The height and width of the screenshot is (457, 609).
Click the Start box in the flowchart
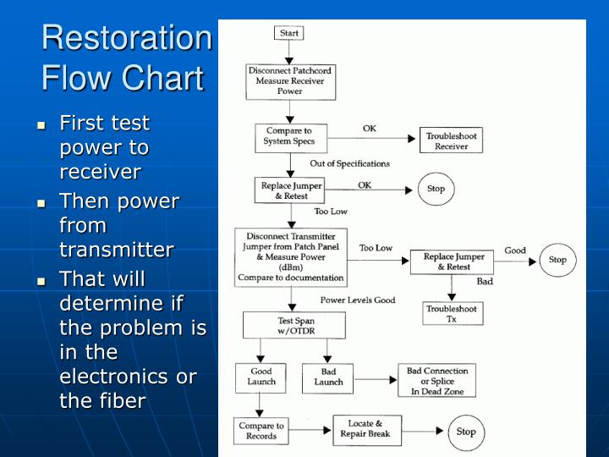tap(288, 34)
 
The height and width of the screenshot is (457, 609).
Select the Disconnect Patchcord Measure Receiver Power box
tap(290, 81)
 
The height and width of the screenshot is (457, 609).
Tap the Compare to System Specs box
tap(290, 137)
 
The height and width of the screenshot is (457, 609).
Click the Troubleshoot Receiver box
tap(451, 140)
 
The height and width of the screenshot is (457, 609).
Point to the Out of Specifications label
tap(349, 163)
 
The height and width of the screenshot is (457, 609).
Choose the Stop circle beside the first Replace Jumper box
tap(436, 189)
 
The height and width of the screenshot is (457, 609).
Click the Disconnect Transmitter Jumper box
tap(291, 257)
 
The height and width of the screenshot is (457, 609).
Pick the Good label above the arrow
tap(515, 251)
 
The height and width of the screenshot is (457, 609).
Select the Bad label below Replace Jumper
tap(485, 281)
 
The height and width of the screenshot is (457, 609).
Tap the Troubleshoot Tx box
tap(451, 314)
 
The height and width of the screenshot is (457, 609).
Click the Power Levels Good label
tap(358, 300)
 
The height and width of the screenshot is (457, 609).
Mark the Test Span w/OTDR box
tap(294, 326)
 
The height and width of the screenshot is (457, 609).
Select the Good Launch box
tap(261, 377)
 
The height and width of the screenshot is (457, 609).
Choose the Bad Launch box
tap(328, 377)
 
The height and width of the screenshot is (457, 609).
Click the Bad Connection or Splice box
tap(437, 381)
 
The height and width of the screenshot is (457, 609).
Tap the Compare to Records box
tap(261, 431)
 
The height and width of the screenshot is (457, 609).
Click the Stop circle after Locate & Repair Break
tap(466, 432)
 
